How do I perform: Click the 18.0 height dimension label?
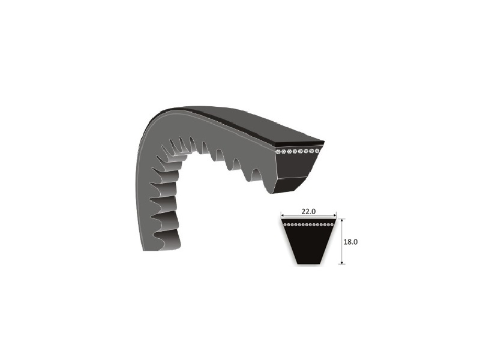point(352,241)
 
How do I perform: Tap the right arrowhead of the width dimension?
point(336,215)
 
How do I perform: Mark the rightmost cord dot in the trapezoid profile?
point(332,224)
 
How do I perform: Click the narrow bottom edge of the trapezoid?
point(310,263)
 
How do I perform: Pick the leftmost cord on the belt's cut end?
point(278,152)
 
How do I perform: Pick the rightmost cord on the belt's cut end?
point(317,149)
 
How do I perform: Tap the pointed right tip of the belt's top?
point(323,142)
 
